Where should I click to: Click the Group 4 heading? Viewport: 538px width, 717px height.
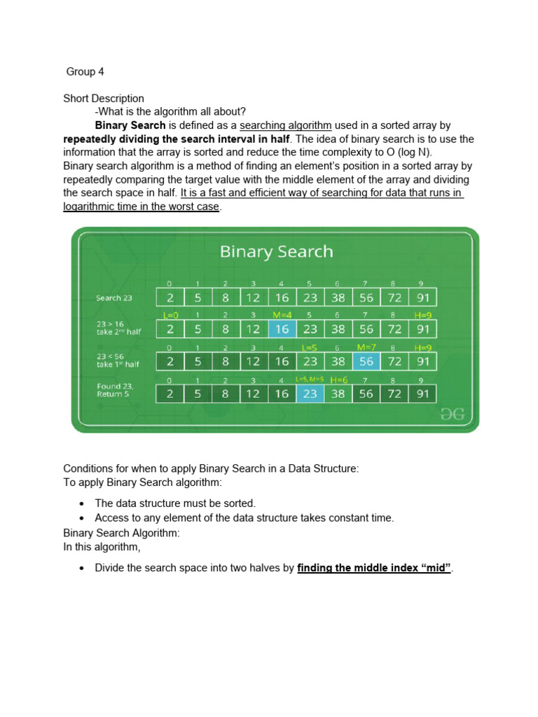click(85, 72)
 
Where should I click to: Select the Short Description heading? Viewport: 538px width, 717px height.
click(104, 99)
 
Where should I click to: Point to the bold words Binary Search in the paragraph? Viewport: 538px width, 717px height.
click(130, 125)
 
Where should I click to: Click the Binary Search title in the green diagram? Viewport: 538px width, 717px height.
click(276, 251)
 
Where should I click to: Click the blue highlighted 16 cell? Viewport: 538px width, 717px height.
click(282, 328)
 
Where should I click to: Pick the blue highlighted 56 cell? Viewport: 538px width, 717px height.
click(366, 361)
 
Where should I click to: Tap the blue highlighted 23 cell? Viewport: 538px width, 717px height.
click(310, 394)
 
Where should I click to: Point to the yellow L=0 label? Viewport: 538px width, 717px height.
click(170, 316)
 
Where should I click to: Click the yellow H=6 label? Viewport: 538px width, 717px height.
click(339, 380)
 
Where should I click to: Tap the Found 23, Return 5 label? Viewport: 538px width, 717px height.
click(115, 390)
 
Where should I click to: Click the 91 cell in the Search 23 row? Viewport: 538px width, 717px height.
click(422, 298)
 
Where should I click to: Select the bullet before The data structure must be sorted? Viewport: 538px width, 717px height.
click(82, 503)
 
